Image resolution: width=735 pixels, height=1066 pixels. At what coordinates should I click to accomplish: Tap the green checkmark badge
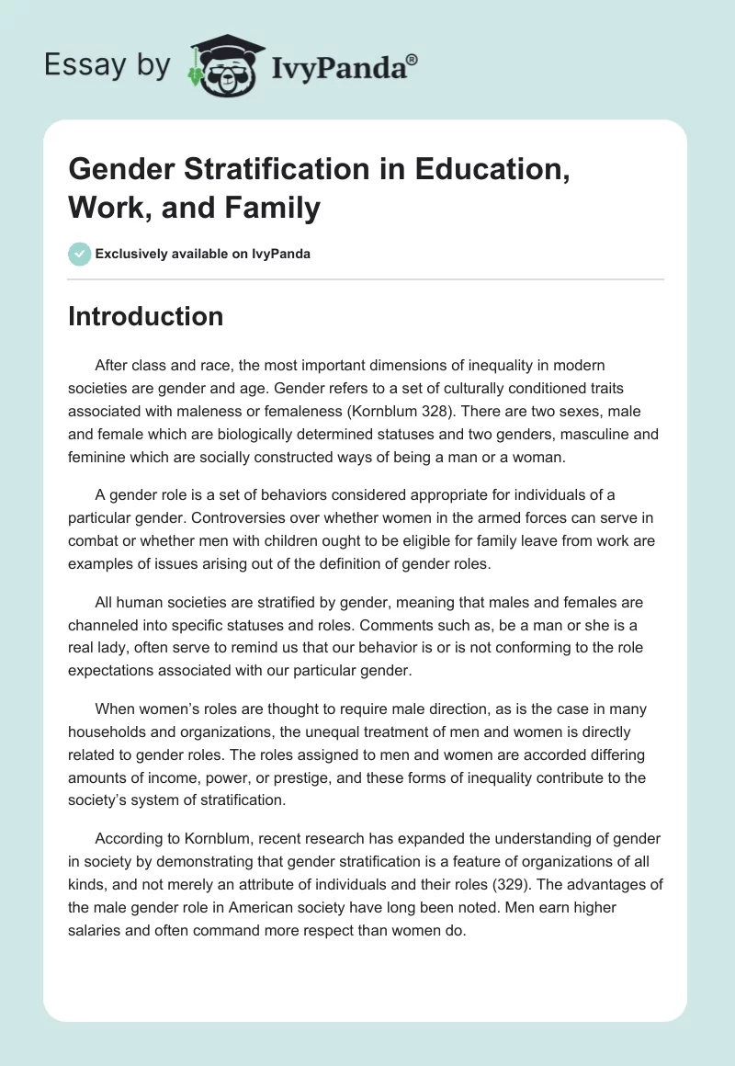80,254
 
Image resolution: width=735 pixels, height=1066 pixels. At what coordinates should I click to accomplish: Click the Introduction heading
145,316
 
